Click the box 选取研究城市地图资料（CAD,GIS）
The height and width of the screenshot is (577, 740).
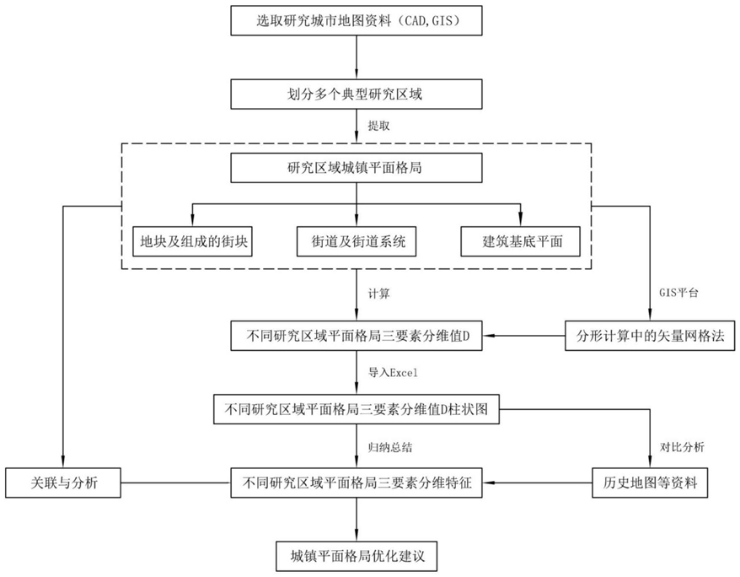pyautogui.click(x=357, y=21)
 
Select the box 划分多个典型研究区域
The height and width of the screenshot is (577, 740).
pyautogui.click(x=357, y=94)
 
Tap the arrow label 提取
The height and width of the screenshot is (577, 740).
pyautogui.click(x=379, y=126)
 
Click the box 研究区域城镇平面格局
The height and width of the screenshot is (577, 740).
pyautogui.click(x=357, y=168)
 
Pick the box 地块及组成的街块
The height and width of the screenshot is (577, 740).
pyautogui.click(x=192, y=242)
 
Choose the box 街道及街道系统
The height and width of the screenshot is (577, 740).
pyautogui.click(x=357, y=242)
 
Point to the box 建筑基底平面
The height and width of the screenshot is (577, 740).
pyautogui.click(x=521, y=242)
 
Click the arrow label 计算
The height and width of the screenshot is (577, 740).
pyautogui.click(x=379, y=294)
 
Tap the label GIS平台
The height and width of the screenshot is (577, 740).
pyautogui.click(x=678, y=292)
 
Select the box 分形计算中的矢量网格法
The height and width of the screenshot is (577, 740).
pyautogui.click(x=650, y=336)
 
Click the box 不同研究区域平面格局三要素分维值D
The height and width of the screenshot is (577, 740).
pyautogui.click(x=357, y=336)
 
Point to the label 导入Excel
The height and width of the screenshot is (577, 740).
pyautogui.click(x=393, y=373)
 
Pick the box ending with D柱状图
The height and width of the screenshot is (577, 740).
pyautogui.click(x=357, y=409)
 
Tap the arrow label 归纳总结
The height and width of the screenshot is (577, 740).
pyautogui.click(x=390, y=447)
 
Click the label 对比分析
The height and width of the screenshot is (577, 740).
pyautogui.click(x=682, y=447)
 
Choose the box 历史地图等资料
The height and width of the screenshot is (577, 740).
pyautogui.click(x=650, y=483)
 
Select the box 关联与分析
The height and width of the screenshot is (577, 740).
pyautogui.click(x=63, y=483)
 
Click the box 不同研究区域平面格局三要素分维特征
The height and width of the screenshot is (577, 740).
pyautogui.click(x=357, y=483)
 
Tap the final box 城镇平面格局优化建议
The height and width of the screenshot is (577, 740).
pyautogui.click(x=357, y=556)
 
